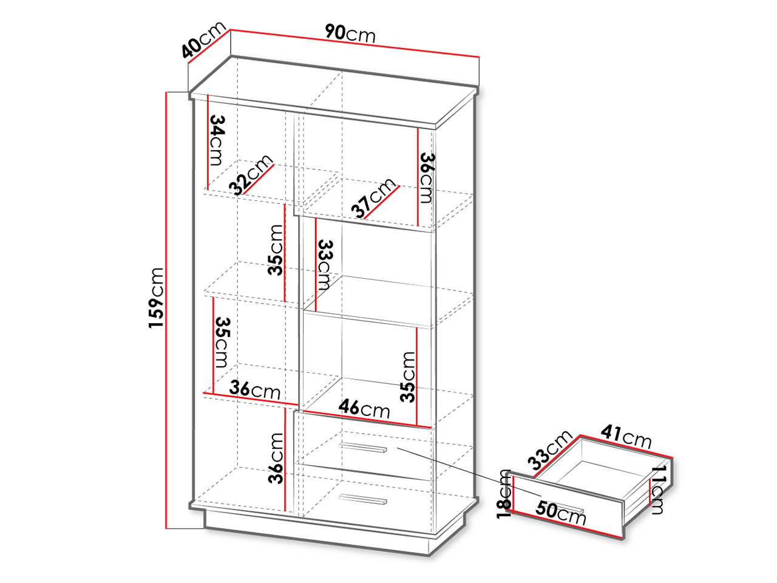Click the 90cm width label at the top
(x=350, y=34)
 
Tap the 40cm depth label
(x=203, y=39)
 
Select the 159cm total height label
(x=156, y=298)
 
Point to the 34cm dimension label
(x=216, y=140)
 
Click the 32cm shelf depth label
(x=251, y=175)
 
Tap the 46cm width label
(x=364, y=409)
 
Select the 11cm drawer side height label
(x=657, y=489)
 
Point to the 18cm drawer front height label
(x=504, y=494)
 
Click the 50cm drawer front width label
(x=561, y=513)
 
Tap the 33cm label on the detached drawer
(x=550, y=449)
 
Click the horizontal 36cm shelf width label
(x=254, y=389)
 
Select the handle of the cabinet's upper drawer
(x=363, y=448)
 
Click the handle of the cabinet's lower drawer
(x=363, y=499)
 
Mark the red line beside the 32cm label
(x=259, y=180)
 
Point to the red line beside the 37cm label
(x=382, y=202)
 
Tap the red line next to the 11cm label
(x=650, y=492)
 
